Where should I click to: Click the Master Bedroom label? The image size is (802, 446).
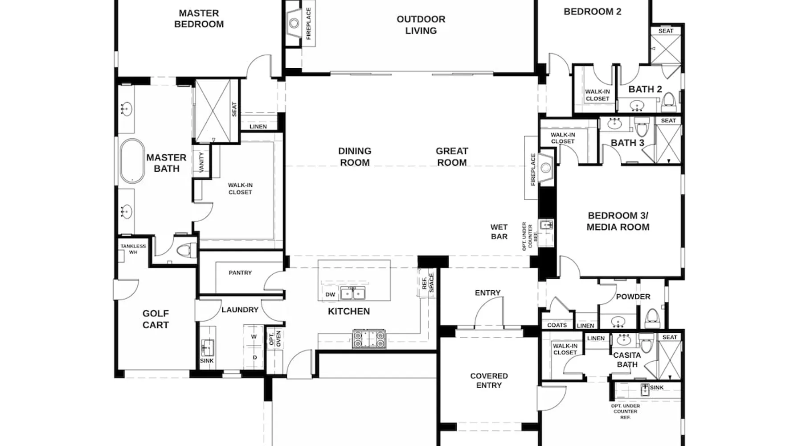point(199,19)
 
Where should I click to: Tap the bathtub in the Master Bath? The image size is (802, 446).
point(132,161)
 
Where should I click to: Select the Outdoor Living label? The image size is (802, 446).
point(421,25)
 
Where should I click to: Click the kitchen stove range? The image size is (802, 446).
point(369,339)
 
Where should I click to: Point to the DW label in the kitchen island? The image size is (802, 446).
point(330,294)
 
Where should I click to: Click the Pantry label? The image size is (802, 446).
point(240,273)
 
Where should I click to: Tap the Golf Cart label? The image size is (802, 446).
point(155,319)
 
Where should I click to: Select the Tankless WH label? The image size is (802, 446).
point(133,249)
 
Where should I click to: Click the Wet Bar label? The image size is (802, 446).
point(499,232)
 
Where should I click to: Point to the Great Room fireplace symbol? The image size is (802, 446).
point(546,168)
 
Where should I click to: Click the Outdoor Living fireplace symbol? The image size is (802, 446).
point(294,23)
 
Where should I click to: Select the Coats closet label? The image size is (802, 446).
point(557,325)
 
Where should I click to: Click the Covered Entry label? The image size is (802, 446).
point(489,380)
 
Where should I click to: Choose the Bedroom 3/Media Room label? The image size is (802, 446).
point(618,221)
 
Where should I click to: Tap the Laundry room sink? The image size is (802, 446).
point(206,347)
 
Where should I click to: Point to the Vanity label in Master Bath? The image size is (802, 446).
point(201,162)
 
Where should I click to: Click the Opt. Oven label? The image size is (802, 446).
point(275,339)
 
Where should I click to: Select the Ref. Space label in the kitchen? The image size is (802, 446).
point(428,283)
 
